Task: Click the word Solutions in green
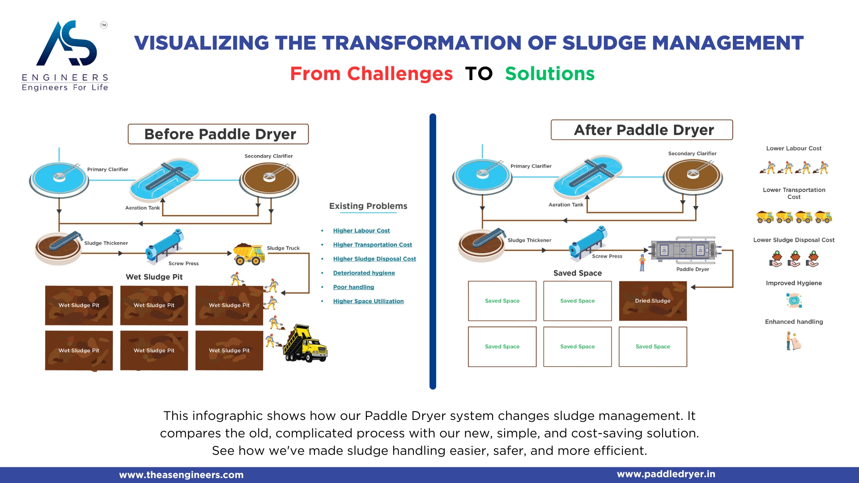pos(549,74)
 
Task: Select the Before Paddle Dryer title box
pos(218,134)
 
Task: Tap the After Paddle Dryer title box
pos(642,130)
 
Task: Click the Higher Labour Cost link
pos(361,231)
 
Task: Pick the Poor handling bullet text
pos(353,287)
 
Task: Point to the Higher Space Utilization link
pos(368,301)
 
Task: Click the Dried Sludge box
pos(652,301)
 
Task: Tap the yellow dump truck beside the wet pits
pos(306,344)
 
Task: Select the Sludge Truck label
pos(283,248)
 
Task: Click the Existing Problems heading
pos(368,206)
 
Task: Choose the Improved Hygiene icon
pos(794,301)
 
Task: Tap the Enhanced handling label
pos(794,322)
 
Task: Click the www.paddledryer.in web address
pos(666,474)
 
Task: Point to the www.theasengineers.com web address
pos(181,475)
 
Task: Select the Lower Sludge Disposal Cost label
pos(794,240)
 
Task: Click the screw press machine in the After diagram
pos(588,243)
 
